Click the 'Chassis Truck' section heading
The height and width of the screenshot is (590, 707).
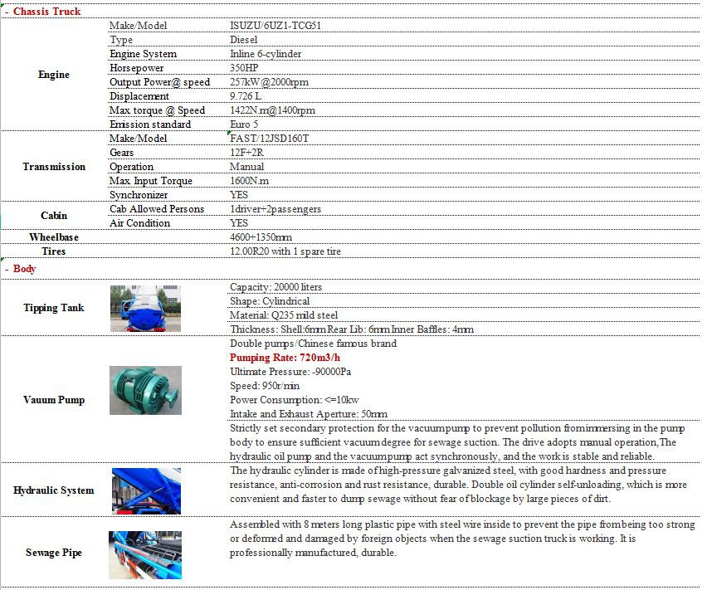click(x=46, y=12)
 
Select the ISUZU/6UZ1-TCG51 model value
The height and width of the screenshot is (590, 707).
click(x=275, y=26)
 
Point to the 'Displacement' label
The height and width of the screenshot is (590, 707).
click(x=139, y=96)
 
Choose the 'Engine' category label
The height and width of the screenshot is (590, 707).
click(x=54, y=75)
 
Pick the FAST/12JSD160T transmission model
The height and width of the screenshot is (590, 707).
click(x=269, y=139)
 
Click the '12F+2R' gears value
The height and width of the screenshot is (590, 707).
click(x=246, y=153)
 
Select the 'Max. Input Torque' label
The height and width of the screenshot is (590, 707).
click(x=150, y=181)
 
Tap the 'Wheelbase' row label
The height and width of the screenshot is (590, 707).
click(x=54, y=237)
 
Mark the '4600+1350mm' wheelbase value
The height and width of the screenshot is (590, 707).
click(x=261, y=237)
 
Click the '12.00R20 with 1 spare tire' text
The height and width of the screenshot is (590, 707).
click(x=285, y=251)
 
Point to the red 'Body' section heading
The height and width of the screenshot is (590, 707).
click(x=24, y=269)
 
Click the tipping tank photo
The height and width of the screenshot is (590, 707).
click(x=145, y=308)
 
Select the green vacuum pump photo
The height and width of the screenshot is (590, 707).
click(x=145, y=391)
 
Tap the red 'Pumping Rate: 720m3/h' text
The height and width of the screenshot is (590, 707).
click(x=285, y=358)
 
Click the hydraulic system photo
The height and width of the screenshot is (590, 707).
click(x=145, y=490)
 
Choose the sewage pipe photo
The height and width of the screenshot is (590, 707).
click(x=145, y=554)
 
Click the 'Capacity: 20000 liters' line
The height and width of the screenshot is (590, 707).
click(x=275, y=287)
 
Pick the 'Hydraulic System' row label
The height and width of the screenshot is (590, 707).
click(x=54, y=490)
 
